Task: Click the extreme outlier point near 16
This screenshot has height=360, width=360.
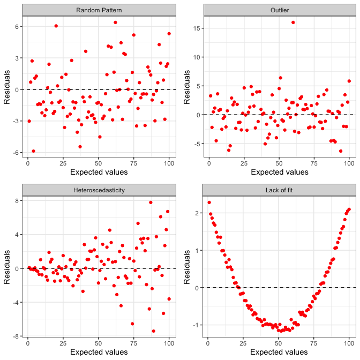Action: (293, 22)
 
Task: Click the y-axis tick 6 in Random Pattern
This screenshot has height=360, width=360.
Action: (18, 26)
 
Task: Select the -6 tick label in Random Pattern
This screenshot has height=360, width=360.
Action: (16, 153)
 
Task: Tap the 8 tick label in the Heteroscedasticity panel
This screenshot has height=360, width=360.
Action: (18, 200)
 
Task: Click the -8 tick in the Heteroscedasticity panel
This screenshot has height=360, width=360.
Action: (16, 336)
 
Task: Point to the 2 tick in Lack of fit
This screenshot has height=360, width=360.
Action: (198, 213)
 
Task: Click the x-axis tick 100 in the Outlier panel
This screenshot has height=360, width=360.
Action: (349, 163)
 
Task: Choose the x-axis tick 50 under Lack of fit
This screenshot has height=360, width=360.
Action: (279, 343)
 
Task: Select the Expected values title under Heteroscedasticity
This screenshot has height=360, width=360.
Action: (99, 352)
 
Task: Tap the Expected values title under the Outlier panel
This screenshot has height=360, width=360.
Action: (279, 172)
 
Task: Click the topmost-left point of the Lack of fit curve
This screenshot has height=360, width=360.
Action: (209, 202)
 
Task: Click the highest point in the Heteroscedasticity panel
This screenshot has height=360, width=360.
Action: (151, 202)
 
